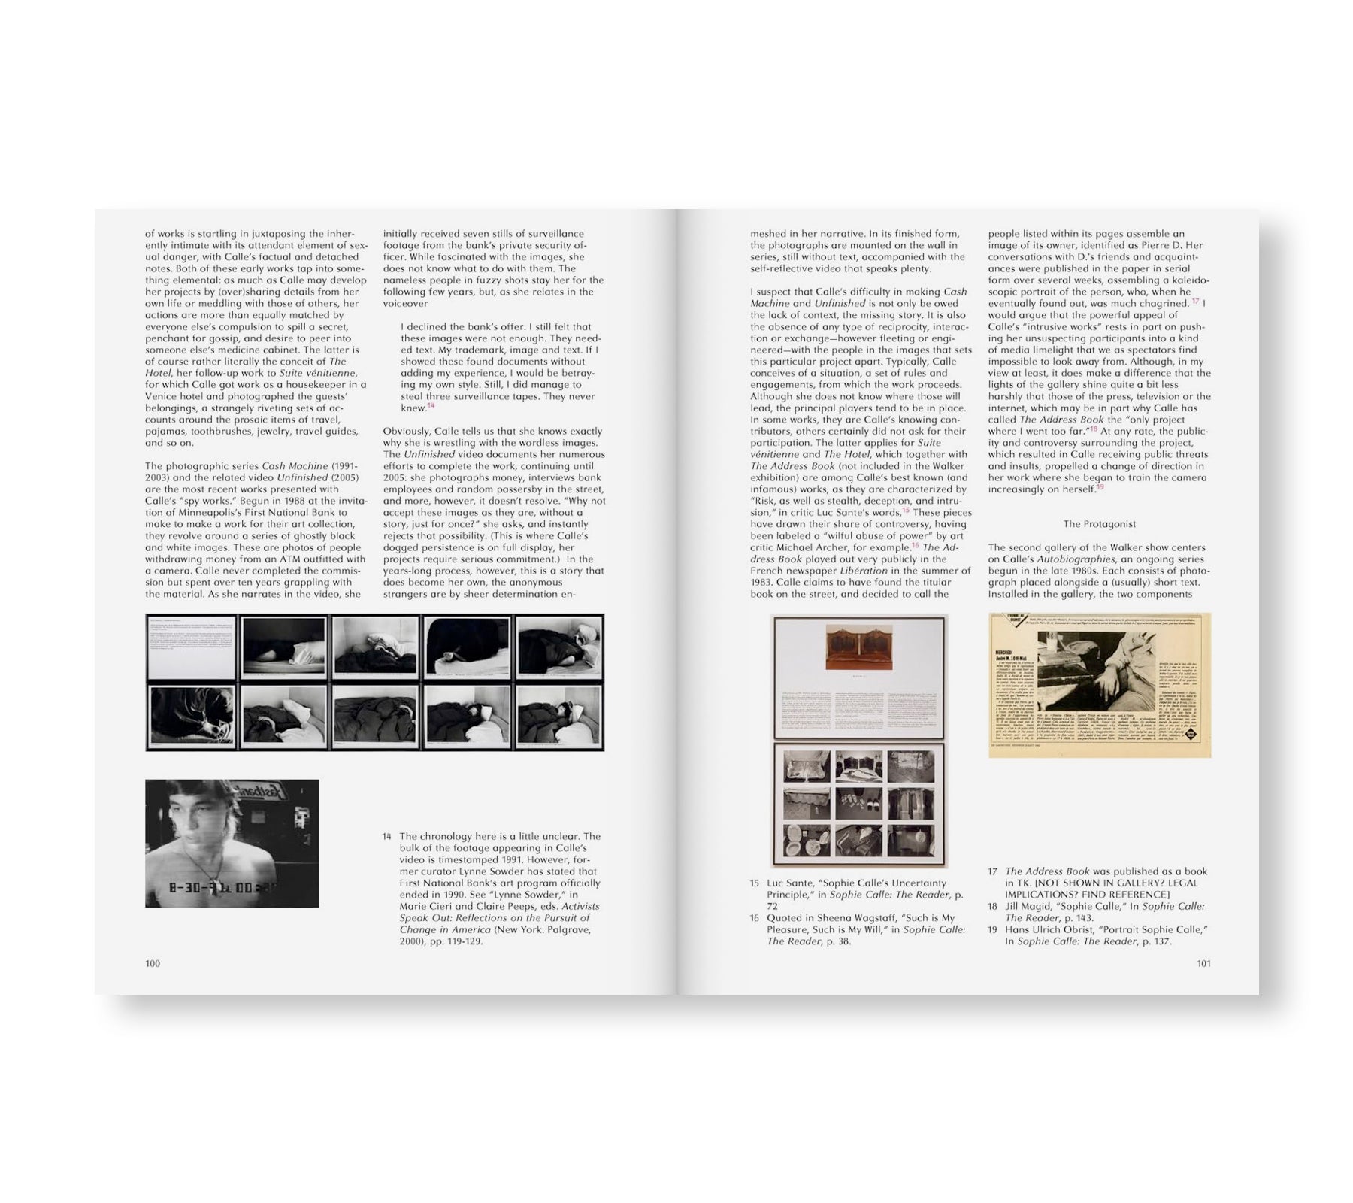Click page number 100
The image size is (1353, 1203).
coord(153,963)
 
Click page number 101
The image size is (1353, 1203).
coord(1203,963)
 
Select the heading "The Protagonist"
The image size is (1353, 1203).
coord(1099,524)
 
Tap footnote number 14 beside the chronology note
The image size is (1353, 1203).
coord(387,836)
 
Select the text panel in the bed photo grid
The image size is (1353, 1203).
coord(192,647)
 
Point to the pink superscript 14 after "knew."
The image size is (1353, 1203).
coord(431,406)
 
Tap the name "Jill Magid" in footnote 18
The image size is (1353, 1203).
coord(1031,906)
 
